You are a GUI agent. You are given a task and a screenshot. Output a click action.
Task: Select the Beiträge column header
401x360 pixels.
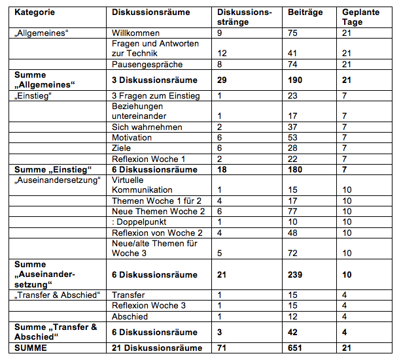point(301,12)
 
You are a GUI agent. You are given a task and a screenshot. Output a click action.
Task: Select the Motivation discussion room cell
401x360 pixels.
point(131,138)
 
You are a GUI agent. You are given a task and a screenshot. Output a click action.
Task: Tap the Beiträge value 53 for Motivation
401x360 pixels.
point(292,138)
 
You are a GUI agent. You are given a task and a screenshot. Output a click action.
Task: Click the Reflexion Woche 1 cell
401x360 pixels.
point(149,159)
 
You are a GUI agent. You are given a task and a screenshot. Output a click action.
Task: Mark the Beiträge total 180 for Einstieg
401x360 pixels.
point(294,169)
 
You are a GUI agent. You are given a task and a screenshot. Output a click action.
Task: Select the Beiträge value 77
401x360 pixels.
point(292,211)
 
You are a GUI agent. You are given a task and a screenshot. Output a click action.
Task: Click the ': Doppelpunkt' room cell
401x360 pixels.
point(139,221)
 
